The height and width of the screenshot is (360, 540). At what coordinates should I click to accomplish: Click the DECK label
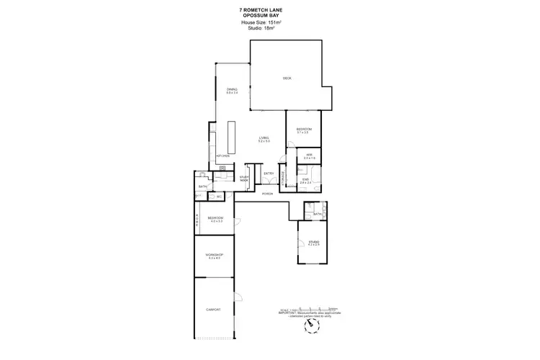(287, 78)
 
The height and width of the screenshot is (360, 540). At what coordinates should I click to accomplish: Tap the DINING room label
(232, 89)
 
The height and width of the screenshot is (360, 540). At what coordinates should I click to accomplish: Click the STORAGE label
(282, 176)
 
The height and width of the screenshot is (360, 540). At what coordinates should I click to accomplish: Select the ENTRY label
(269, 174)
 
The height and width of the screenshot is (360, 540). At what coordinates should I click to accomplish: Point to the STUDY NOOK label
(244, 178)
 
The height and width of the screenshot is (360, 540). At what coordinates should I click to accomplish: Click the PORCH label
(267, 194)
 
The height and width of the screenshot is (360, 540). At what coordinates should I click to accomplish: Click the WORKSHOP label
(214, 256)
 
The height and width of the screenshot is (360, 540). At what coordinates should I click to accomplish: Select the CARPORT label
(213, 309)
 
